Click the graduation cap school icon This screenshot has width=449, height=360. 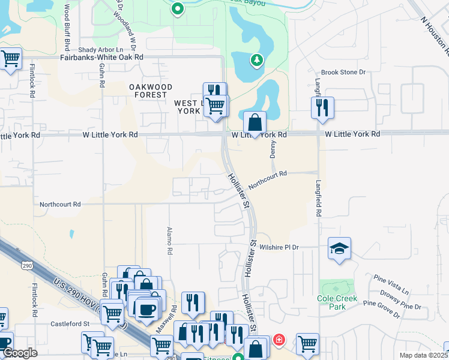coord(339,248)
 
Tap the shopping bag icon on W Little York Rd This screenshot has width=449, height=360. coord(255,122)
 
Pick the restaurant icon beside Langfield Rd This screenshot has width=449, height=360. coord(322,108)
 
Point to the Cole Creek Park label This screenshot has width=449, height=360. coord(338,302)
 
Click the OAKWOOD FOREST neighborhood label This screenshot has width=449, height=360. coord(149,91)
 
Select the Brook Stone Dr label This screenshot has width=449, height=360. coord(343,72)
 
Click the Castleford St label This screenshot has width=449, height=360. coord(70,323)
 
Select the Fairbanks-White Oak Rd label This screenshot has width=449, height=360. coord(102,57)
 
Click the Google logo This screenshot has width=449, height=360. coord(20,353)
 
